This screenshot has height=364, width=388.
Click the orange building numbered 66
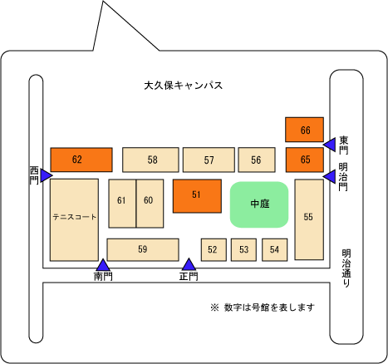304,130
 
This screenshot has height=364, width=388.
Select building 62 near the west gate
81,160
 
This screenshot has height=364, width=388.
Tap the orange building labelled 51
197,196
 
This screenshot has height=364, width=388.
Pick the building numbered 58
150,160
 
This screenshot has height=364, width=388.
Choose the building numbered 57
209,160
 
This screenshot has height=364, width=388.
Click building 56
257,160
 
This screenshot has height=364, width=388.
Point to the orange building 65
305,160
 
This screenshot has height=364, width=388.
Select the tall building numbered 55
309,219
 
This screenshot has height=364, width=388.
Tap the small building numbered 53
243,249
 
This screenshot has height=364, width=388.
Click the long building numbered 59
143,249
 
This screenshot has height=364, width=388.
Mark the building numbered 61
122,204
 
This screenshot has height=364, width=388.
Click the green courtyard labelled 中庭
259,204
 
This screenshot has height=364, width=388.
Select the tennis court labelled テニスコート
74,219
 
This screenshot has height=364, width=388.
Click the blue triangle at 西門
47,175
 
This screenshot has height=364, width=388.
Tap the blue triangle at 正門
189,264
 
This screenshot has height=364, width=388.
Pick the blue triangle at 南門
103,265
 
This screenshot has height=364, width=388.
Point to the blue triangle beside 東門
330,145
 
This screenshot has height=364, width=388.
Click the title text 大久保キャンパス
184,86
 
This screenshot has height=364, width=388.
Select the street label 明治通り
346,268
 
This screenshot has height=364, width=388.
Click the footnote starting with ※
263,307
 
